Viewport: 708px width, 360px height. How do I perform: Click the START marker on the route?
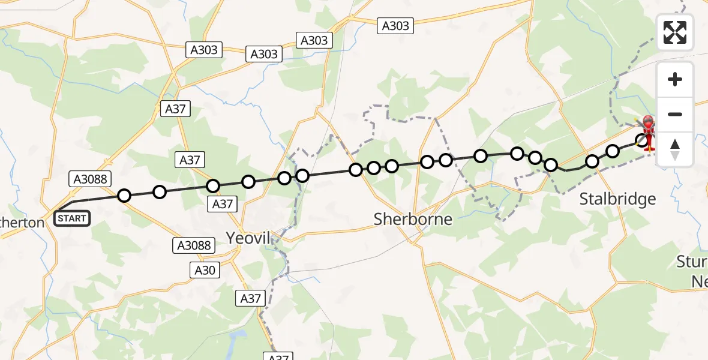[72, 218]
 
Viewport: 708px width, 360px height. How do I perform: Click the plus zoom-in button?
[675, 80]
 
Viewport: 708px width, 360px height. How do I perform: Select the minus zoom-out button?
[675, 114]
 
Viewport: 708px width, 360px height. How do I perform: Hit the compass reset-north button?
[675, 149]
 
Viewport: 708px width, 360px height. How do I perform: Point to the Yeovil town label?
[248, 238]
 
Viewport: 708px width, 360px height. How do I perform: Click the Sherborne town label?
[413, 219]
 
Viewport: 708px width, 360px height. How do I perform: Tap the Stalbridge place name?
[617, 199]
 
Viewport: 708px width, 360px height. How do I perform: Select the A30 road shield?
[205, 271]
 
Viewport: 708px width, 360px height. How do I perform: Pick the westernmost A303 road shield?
[204, 50]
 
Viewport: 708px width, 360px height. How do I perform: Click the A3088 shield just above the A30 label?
[194, 245]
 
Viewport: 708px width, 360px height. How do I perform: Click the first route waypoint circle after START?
[124, 195]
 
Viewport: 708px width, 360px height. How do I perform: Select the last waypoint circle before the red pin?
[642, 140]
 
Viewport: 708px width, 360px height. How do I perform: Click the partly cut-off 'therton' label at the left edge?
[22, 223]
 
